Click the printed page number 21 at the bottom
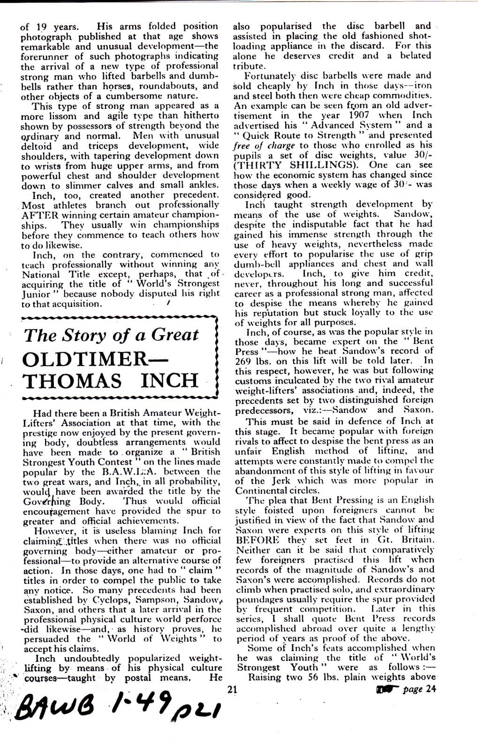pos(230,689)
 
